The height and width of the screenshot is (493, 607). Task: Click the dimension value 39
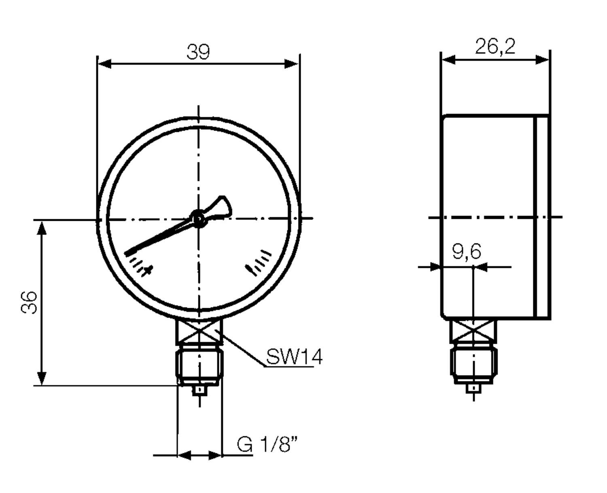point(198,52)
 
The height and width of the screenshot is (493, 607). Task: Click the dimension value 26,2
point(495,47)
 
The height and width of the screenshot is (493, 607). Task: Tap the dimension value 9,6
point(467,252)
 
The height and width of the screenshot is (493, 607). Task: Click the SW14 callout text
point(294,357)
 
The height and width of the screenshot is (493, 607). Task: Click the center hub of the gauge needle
point(198,219)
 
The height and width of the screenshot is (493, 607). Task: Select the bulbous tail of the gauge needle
point(223,205)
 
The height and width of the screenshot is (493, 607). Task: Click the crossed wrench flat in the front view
point(199,331)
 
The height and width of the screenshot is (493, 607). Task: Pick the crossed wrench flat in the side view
point(473,330)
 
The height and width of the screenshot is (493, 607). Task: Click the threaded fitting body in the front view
point(200,366)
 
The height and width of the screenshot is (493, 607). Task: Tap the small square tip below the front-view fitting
point(200,390)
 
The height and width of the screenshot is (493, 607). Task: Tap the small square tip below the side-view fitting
point(473,388)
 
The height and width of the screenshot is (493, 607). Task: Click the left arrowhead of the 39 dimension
point(104,64)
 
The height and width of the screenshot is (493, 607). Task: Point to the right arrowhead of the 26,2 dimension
point(542,60)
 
